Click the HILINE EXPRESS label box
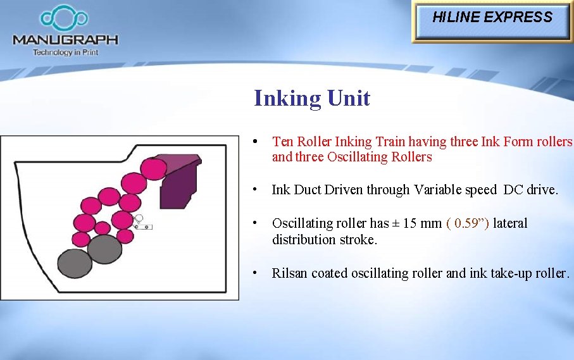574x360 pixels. pos(492,18)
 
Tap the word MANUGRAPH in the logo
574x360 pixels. pos(65,40)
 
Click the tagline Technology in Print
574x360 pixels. pos(65,53)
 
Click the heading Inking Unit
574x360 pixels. pos(311,99)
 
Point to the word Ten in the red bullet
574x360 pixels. pos(282,142)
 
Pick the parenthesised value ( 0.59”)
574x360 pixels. pos(468,223)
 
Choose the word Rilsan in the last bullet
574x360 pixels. pos(289,273)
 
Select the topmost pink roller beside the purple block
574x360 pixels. pos(153,168)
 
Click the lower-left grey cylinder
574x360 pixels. pos(75,262)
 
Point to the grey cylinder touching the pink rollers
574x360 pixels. pos(105,249)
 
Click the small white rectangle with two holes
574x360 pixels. pos(143,226)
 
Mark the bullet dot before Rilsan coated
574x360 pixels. pos(253,273)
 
